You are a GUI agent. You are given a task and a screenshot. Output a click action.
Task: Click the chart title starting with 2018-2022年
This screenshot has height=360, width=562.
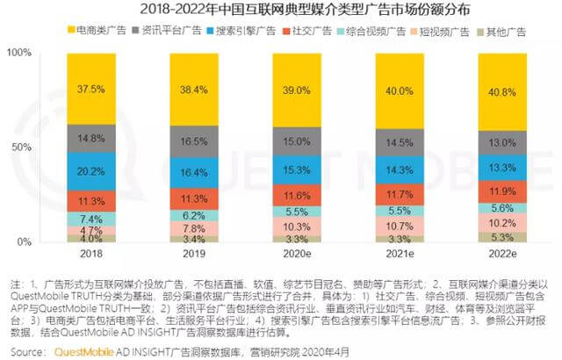pyautogui.click(x=281, y=11)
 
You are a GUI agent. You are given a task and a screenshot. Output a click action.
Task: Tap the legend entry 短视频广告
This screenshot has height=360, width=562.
pyautogui.click(x=434, y=32)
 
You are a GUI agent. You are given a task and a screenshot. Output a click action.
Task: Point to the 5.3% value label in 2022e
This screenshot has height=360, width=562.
pyautogui.click(x=477, y=236)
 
